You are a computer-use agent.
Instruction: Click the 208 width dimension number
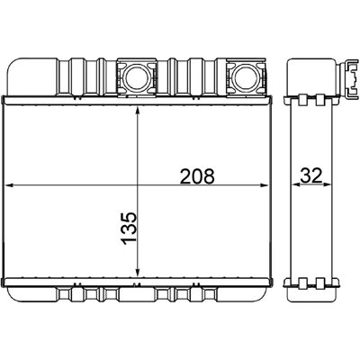pos(197,175)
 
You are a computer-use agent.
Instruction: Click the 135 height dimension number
pos(129,229)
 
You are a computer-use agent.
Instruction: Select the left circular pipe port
pos(137,77)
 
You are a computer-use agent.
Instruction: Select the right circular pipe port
pos(246,77)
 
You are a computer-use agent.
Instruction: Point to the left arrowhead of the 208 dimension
pos(10,185)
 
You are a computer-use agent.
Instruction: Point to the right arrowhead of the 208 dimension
pos(264,185)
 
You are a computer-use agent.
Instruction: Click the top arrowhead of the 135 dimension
pos(138,112)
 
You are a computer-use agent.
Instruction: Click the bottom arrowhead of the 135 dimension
pos(138,272)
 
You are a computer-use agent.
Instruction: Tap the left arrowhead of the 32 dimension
pos(296,185)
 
